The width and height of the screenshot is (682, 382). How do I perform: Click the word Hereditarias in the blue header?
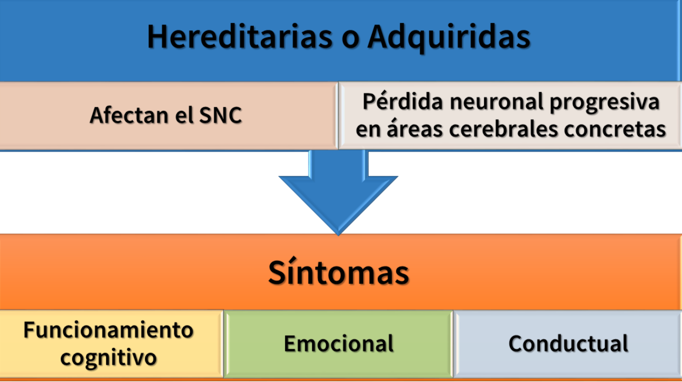pos(239,37)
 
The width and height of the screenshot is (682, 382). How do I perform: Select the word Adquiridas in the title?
pos(449,39)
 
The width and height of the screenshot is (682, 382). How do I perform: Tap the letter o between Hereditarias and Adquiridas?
pos(350,40)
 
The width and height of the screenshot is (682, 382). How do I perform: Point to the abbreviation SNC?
pos(221,115)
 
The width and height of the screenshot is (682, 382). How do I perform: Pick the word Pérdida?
pos(403,101)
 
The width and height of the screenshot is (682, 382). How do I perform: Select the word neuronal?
pos(497,101)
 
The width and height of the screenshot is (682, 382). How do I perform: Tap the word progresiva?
pos(605,103)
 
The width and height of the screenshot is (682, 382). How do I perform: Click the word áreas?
pos(415,128)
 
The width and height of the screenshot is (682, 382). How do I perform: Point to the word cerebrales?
pos(503,128)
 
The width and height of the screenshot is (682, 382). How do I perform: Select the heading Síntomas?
pos(338,272)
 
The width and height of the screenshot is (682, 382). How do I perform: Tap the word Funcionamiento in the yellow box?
pos(108,330)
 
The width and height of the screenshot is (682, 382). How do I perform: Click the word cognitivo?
pos(108,358)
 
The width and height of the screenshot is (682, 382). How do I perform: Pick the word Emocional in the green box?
pos(339,343)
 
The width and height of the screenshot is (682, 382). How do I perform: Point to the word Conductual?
pos(568,343)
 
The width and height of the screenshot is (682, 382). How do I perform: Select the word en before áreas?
pos(368,130)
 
